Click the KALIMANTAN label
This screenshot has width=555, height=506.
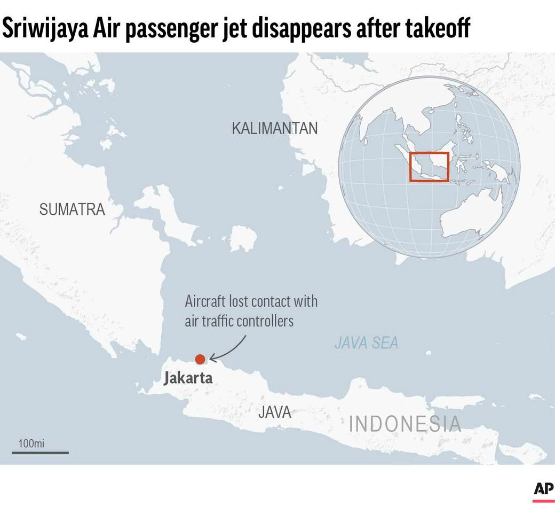[x=275, y=128]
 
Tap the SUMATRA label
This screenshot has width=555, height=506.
[x=72, y=209]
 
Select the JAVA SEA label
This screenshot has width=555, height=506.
[x=366, y=342]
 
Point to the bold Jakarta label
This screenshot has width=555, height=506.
[x=188, y=378]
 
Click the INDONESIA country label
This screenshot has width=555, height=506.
[x=405, y=424]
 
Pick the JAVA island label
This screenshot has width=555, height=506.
[x=275, y=412]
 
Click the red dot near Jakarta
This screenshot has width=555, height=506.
[x=200, y=359]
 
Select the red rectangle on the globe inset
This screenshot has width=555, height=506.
[x=429, y=167]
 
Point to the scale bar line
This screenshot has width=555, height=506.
[x=41, y=453]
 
